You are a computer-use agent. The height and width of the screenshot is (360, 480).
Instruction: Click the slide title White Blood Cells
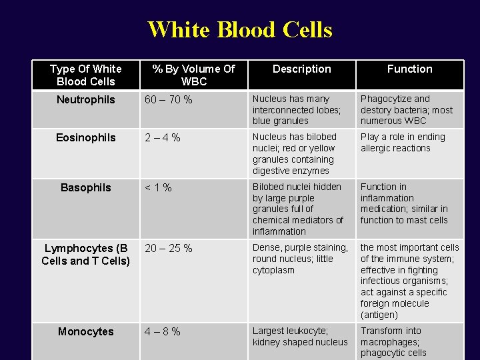tap(240, 30)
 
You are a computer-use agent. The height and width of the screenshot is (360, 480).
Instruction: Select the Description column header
tap(301, 69)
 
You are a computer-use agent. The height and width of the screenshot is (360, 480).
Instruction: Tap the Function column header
tap(409, 69)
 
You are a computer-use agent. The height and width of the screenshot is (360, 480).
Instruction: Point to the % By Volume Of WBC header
tap(193, 75)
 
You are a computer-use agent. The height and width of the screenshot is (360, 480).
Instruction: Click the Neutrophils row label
tap(86, 100)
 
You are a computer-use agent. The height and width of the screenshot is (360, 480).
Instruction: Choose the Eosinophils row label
tap(86, 138)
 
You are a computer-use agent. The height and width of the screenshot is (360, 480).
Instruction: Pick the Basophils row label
tap(86, 188)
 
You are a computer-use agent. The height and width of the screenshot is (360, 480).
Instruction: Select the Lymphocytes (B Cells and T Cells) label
tap(86, 255)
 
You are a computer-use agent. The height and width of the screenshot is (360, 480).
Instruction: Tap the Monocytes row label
tap(86, 332)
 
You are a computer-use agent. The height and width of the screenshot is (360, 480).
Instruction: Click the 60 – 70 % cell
tap(169, 100)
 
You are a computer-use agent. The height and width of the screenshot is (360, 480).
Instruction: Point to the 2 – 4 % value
tap(163, 138)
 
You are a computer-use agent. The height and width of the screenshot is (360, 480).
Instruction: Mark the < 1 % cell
tap(159, 188)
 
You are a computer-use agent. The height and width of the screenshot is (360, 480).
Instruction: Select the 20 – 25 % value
tap(169, 249)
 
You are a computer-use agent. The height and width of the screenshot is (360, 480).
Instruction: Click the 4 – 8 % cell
tap(163, 332)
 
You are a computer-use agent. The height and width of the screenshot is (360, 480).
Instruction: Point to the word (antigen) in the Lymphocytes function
tap(379, 315)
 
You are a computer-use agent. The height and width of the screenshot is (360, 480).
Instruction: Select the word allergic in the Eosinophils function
tap(377, 149)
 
